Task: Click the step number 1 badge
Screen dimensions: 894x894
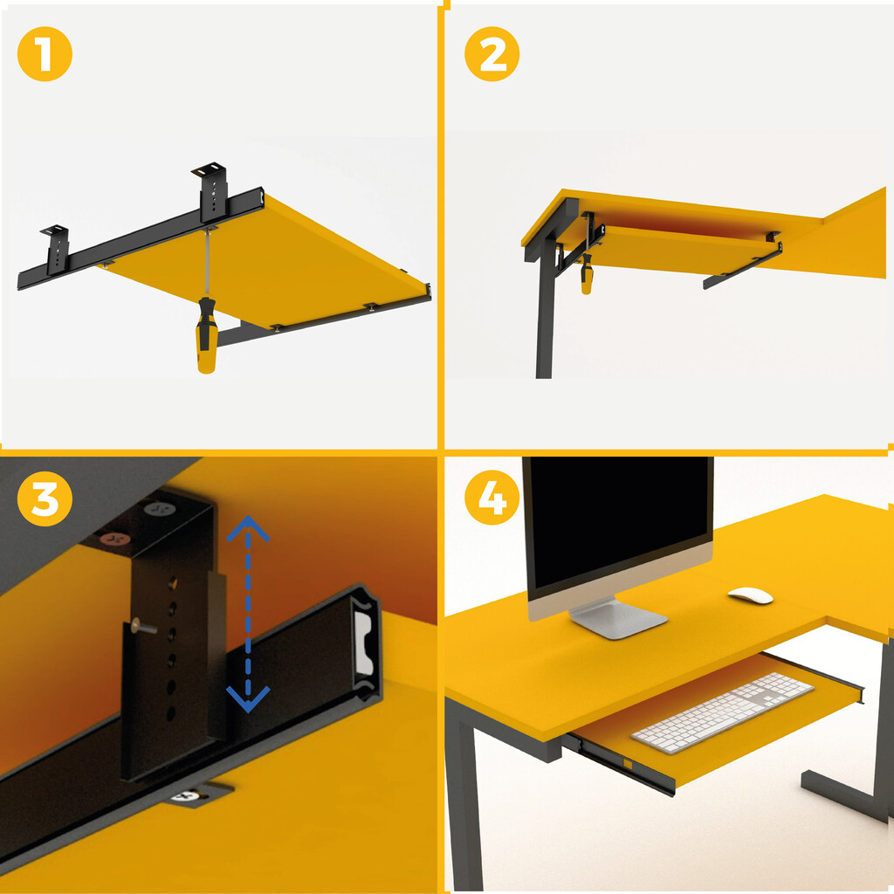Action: pyautogui.click(x=45, y=54)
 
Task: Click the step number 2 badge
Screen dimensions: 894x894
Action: pyautogui.click(x=492, y=54)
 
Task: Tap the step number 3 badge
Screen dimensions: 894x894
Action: pyautogui.click(x=45, y=499)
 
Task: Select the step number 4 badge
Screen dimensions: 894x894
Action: pyautogui.click(x=492, y=498)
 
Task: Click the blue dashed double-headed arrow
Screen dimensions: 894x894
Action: pyautogui.click(x=248, y=614)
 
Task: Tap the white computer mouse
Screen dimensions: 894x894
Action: pyautogui.click(x=750, y=595)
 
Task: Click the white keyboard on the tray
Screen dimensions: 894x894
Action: pyautogui.click(x=722, y=712)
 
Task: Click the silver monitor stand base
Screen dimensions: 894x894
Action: pyautogui.click(x=618, y=619)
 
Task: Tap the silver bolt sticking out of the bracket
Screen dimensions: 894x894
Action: pyautogui.click(x=143, y=627)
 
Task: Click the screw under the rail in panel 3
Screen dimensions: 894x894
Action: pyautogui.click(x=189, y=796)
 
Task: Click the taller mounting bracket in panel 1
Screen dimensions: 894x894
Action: pyautogui.click(x=212, y=191)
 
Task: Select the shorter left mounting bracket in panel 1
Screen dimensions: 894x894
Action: pyautogui.click(x=57, y=249)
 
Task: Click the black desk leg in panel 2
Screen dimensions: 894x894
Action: pyautogui.click(x=545, y=308)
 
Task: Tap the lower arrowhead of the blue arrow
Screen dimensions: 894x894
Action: pyautogui.click(x=248, y=699)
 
